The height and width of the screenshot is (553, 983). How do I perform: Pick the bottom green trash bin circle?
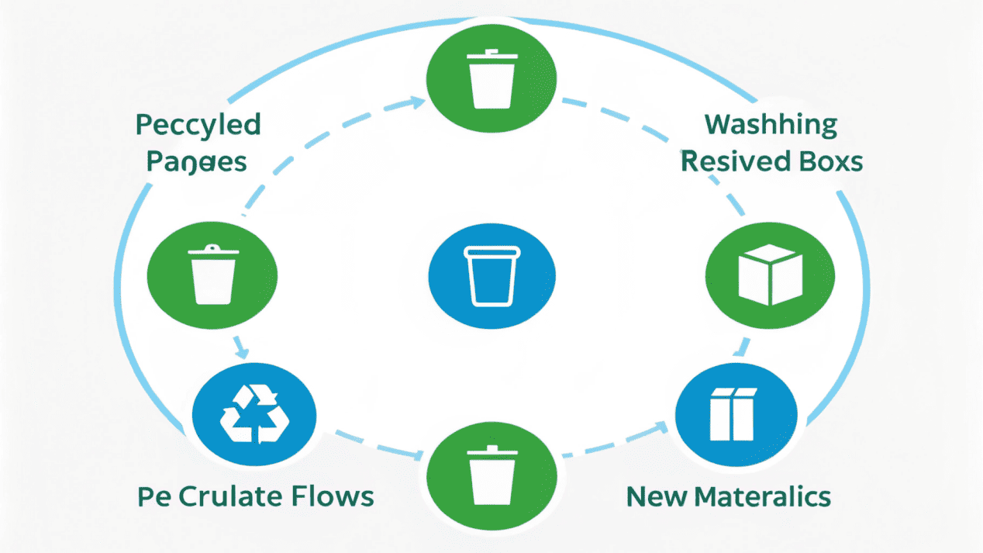click(x=491, y=474)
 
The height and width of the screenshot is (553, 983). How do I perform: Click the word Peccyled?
click(x=198, y=125)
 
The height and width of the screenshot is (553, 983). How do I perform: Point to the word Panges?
click(x=197, y=161)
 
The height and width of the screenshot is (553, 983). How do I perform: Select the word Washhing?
click(x=771, y=124)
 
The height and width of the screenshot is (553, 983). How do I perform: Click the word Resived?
click(x=736, y=161)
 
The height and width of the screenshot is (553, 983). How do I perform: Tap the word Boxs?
click(x=830, y=161)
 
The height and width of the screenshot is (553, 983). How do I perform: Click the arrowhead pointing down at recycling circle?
click(x=241, y=350)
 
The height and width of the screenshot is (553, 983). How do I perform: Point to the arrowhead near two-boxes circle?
click(x=661, y=424)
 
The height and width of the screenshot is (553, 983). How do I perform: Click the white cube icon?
click(x=767, y=275)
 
